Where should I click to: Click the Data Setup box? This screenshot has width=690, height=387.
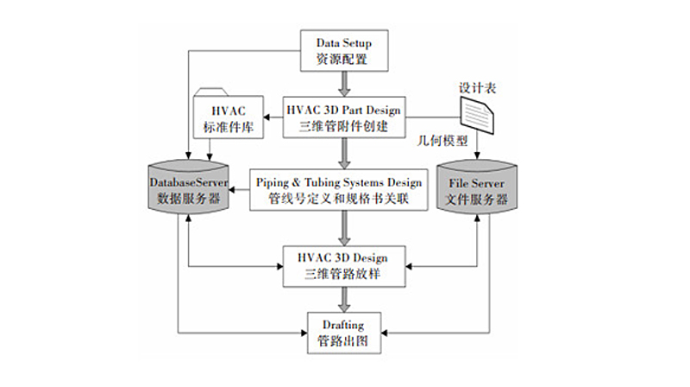click(x=345, y=51)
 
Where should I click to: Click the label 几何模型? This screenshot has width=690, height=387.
click(x=442, y=139)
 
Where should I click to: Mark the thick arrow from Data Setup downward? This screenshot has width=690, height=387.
click(x=345, y=83)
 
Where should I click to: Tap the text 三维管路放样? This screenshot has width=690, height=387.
click(x=345, y=274)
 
